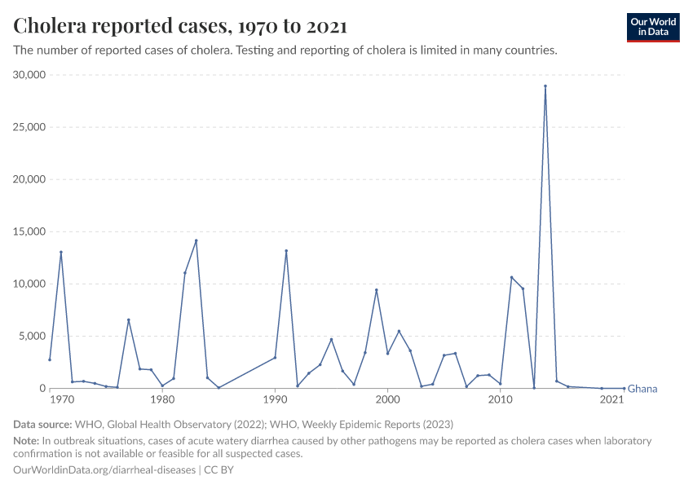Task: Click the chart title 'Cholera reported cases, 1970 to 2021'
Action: click(x=180, y=26)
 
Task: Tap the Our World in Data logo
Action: click(x=652, y=27)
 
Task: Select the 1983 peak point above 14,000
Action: click(x=196, y=240)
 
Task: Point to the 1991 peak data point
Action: click(x=286, y=251)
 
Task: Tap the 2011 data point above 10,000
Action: click(x=511, y=277)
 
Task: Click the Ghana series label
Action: click(x=642, y=389)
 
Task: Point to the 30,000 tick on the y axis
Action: click(x=30, y=75)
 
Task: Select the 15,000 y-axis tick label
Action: click(x=30, y=231)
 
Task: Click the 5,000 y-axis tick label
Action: click(x=33, y=336)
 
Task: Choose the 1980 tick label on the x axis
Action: click(x=162, y=399)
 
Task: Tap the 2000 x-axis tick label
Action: click(x=387, y=399)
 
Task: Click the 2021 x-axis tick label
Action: click(x=612, y=399)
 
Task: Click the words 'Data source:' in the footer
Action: click(x=42, y=424)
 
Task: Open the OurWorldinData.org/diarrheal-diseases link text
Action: click(x=104, y=470)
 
